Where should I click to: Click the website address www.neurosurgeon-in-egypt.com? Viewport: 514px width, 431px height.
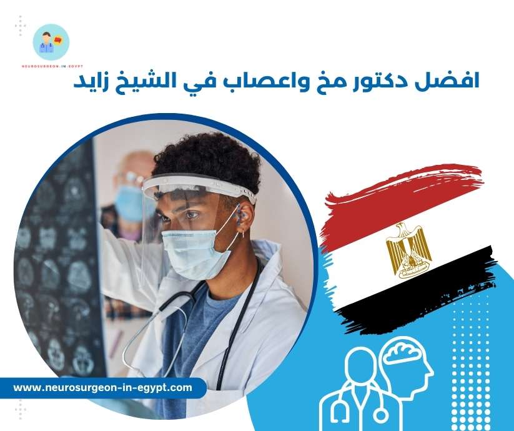(102, 388)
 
